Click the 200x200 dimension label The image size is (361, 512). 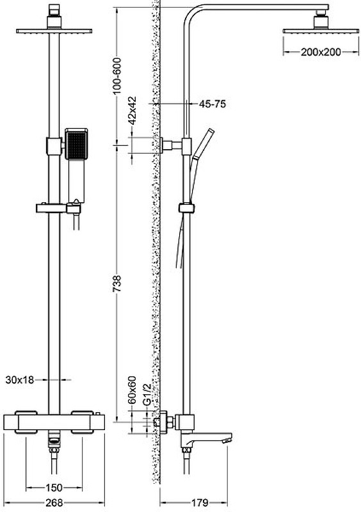321,52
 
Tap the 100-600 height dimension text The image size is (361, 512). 116,76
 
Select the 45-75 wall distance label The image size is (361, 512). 213,104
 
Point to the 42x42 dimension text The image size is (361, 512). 132,110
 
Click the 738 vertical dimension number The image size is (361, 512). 116,283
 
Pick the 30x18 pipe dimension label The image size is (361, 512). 20,380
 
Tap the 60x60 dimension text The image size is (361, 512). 132,390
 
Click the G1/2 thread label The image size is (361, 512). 147,395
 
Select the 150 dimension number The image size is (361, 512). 54,488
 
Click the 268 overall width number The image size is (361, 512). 54,503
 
